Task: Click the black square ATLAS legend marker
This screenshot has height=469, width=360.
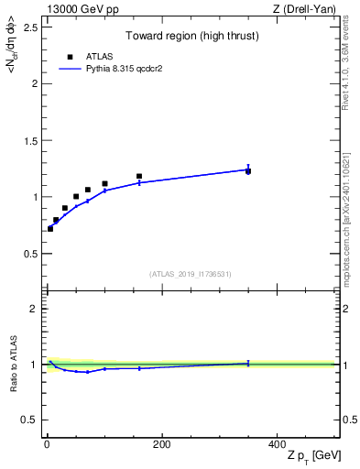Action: (70, 56)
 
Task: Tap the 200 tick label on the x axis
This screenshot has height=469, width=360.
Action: (161, 444)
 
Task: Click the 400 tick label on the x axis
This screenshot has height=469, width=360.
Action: (277, 444)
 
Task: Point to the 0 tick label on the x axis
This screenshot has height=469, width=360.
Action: (47, 444)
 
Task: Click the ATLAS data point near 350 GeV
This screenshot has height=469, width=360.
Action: (248, 171)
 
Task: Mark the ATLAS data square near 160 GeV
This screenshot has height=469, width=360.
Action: (139, 176)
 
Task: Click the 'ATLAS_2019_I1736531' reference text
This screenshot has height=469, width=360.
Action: (191, 274)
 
